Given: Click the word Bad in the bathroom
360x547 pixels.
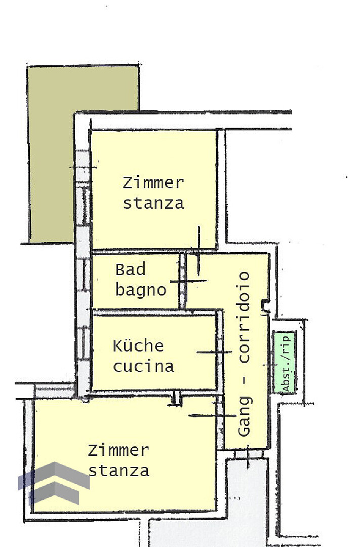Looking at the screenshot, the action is click(x=131, y=269).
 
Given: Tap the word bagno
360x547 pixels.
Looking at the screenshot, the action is click(x=141, y=290).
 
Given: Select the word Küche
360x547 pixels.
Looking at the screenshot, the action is click(x=139, y=346).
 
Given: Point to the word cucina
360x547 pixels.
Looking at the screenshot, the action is click(x=143, y=367).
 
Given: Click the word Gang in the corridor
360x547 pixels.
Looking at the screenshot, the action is click(x=245, y=416).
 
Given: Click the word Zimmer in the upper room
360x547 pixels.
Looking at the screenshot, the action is click(x=153, y=183).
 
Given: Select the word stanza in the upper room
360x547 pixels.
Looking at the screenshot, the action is click(x=153, y=204).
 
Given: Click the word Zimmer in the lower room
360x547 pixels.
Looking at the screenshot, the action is click(x=118, y=450).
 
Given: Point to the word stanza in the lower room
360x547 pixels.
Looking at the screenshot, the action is click(x=119, y=471).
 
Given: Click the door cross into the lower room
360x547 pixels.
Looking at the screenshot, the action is click(x=218, y=415).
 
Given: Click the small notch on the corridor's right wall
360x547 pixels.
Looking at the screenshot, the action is click(x=266, y=305).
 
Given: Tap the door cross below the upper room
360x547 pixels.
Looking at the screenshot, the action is click(x=198, y=250).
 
